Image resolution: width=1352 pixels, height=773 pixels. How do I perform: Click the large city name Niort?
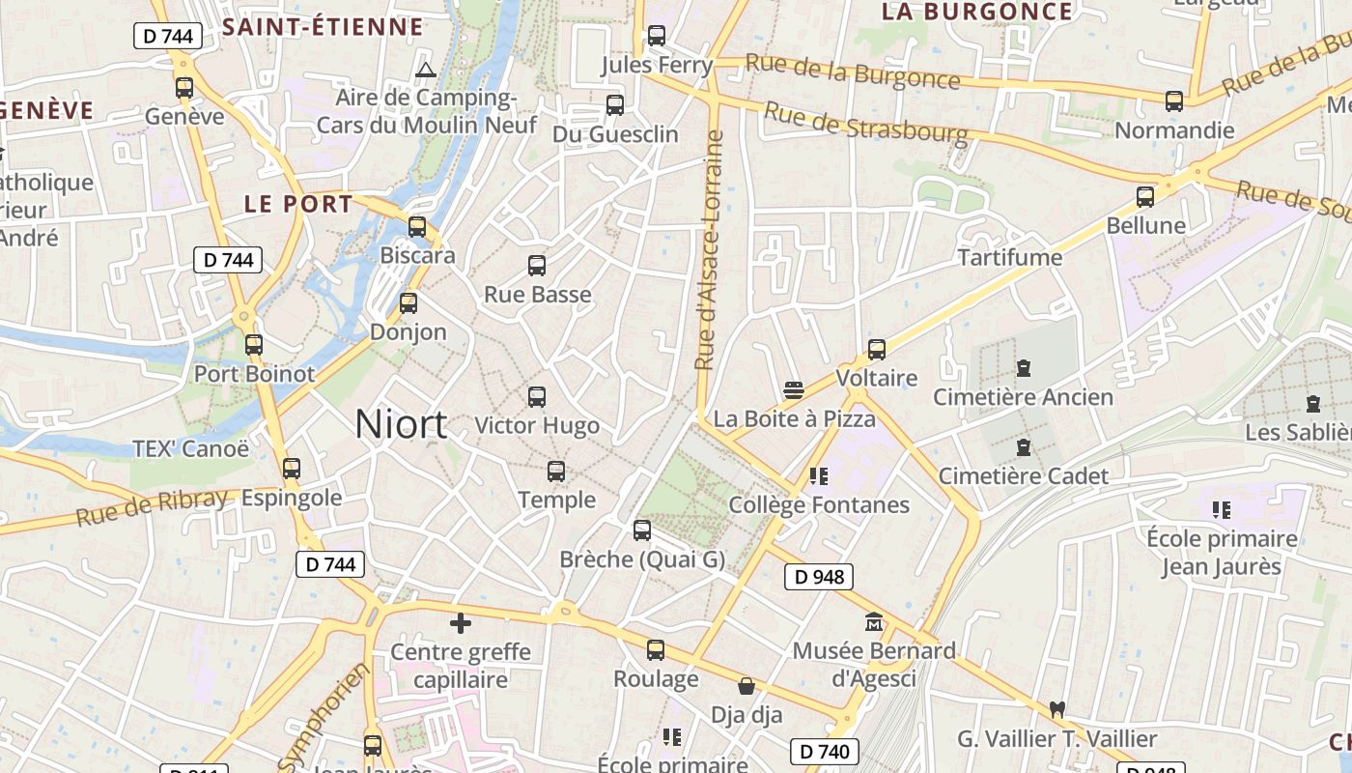401,424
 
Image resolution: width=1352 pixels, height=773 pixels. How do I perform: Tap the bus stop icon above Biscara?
417,227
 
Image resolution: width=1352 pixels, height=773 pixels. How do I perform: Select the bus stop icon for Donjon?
408,303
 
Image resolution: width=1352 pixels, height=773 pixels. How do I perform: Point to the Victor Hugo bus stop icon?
537,396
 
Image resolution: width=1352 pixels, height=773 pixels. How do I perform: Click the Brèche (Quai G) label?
642,559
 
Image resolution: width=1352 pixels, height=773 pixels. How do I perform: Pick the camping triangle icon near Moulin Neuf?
425,70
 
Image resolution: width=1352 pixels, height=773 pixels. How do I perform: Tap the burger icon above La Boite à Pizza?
794,390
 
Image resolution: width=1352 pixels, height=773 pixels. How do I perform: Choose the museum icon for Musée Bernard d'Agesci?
874,622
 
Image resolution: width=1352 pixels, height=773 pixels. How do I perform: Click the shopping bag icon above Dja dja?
746,687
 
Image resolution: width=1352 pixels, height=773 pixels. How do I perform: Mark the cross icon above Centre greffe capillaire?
461,623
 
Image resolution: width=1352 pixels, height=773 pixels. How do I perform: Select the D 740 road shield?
825,751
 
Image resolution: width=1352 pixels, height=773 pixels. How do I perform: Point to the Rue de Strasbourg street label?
865,122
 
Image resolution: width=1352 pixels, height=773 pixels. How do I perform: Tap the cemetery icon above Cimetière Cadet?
1024,447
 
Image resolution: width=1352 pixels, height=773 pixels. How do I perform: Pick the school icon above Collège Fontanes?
819,475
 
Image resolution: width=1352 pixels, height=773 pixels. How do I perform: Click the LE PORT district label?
298,204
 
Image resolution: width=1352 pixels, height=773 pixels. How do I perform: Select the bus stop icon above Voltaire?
877,349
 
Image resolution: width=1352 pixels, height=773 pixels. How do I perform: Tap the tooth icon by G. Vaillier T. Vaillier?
1056,709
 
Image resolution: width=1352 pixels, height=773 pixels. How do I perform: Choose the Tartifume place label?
1010,258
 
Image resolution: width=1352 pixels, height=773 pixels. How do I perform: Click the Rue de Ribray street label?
152,507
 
